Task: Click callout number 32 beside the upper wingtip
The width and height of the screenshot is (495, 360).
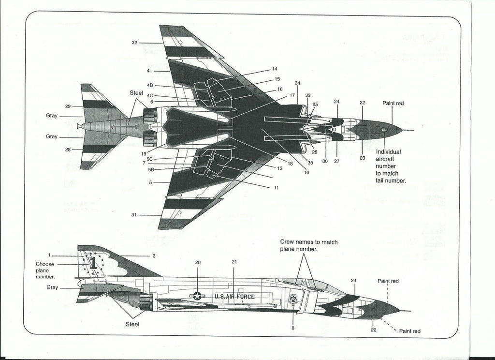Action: [x=134, y=43]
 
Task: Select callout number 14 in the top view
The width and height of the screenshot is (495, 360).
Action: [x=275, y=69]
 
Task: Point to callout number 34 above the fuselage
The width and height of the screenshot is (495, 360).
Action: [x=297, y=83]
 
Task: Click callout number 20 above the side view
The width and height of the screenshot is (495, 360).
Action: [x=198, y=262]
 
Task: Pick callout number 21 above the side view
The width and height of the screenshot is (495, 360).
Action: [x=234, y=262]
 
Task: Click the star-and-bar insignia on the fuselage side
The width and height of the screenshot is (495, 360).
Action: [x=197, y=296]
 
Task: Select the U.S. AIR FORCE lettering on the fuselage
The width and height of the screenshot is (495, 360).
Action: [x=234, y=297]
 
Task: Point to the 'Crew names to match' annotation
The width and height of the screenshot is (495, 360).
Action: [x=309, y=245]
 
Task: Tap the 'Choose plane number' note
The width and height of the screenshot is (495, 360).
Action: [x=45, y=270]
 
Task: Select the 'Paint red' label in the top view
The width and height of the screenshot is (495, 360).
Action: [x=393, y=103]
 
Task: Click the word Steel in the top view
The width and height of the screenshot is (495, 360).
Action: [x=136, y=92]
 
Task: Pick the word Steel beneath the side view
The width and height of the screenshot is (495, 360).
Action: [x=132, y=324]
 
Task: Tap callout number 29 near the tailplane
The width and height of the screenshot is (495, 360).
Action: [x=68, y=106]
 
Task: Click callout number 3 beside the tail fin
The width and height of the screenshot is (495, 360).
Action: [x=154, y=255]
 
